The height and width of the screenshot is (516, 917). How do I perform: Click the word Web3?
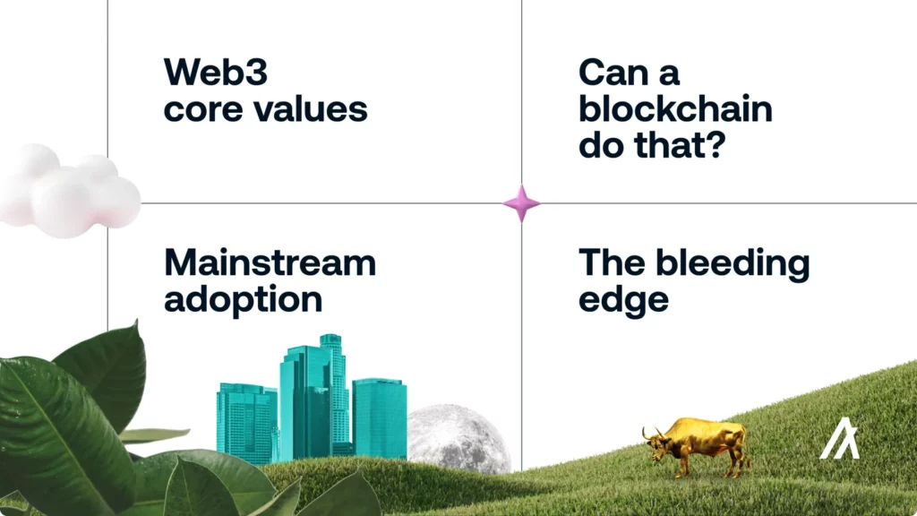tap(215, 73)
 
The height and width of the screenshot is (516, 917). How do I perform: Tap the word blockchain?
tap(675, 108)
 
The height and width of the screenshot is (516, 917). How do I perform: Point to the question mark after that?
tap(714, 144)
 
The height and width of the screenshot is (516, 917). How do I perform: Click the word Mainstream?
tap(270, 262)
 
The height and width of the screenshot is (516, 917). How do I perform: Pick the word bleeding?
tap(733, 264)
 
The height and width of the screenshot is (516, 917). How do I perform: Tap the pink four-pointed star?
tap(522, 203)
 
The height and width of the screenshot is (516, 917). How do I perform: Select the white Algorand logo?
tap(840, 437)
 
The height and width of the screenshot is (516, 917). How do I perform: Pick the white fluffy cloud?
tap(68, 191)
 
